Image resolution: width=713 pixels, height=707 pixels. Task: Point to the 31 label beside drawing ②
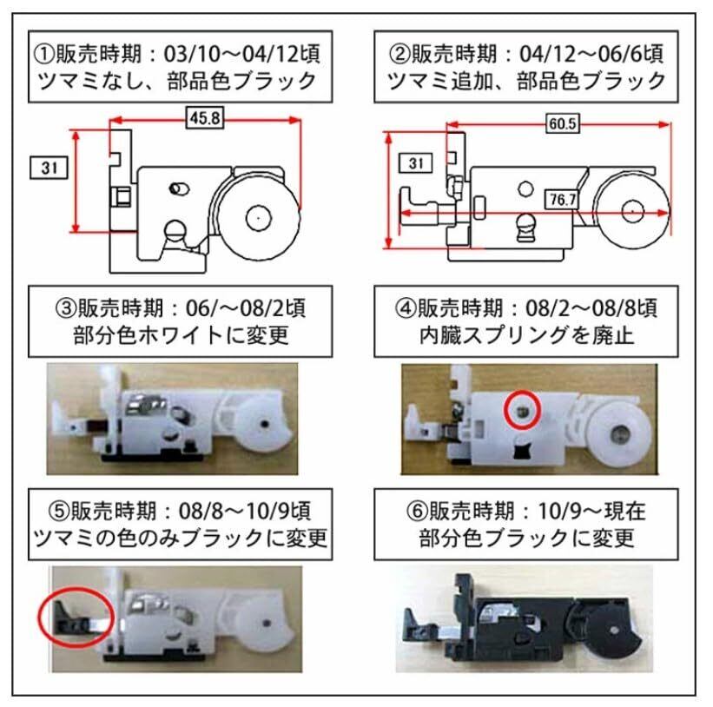416,162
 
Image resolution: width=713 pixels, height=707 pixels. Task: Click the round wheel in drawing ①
257,217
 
